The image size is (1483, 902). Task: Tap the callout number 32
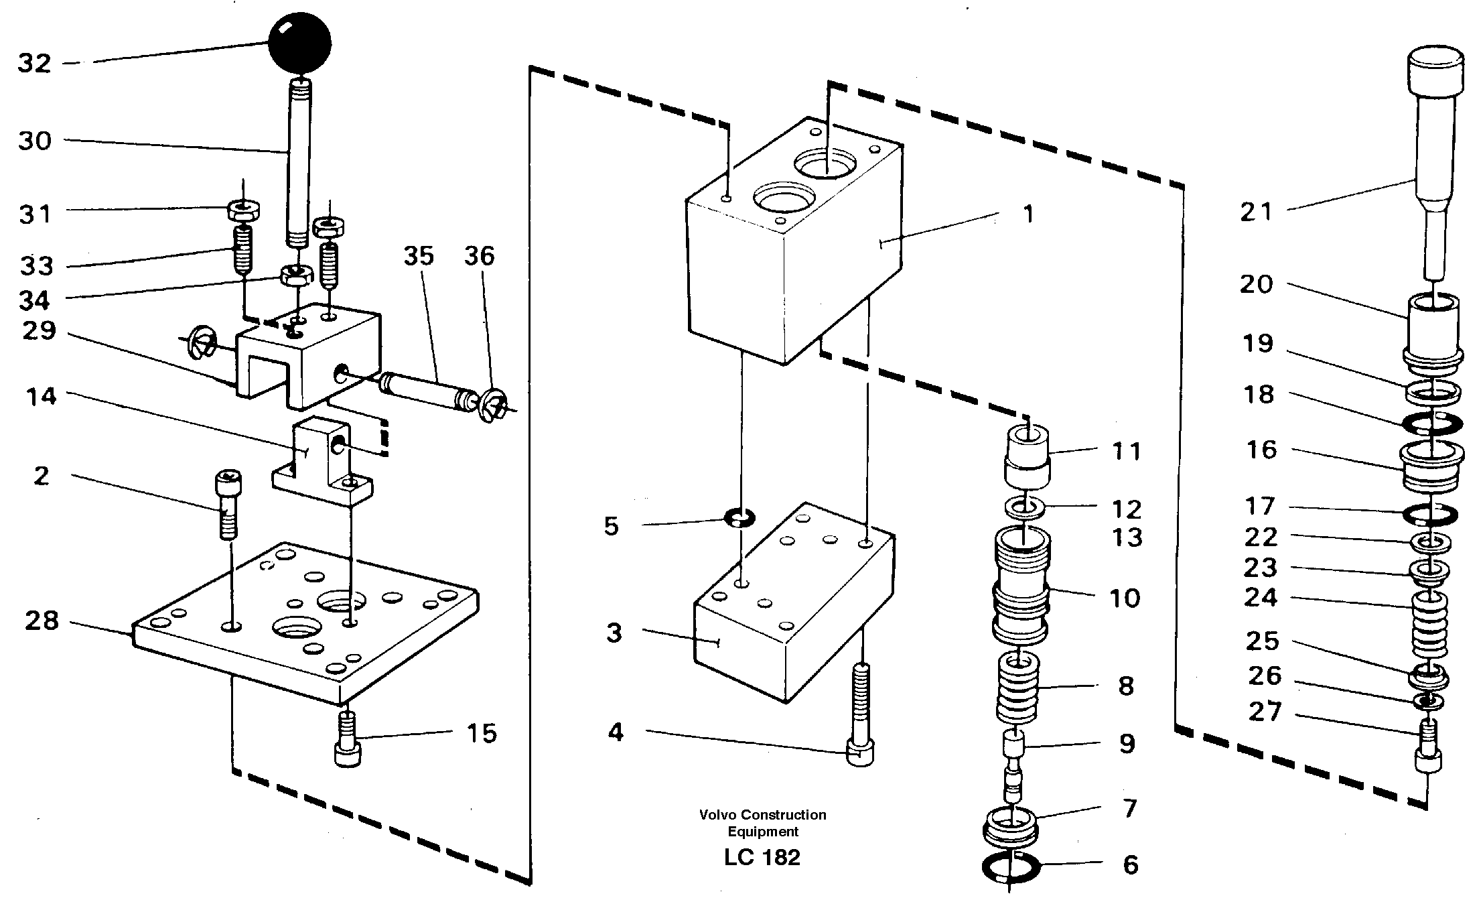pyautogui.click(x=34, y=64)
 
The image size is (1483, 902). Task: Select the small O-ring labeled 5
pyautogui.click(x=739, y=517)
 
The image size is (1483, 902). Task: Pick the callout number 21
pyautogui.click(x=1255, y=212)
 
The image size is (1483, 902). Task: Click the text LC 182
pyautogui.click(x=762, y=858)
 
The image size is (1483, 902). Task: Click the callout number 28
pyautogui.click(x=42, y=621)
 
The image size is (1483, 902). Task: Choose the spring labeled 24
pyautogui.click(x=1429, y=625)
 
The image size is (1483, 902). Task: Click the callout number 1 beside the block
pyautogui.click(x=1028, y=214)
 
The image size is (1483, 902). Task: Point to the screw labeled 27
pyautogui.click(x=1427, y=747)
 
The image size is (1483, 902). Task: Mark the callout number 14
pyautogui.click(x=42, y=397)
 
